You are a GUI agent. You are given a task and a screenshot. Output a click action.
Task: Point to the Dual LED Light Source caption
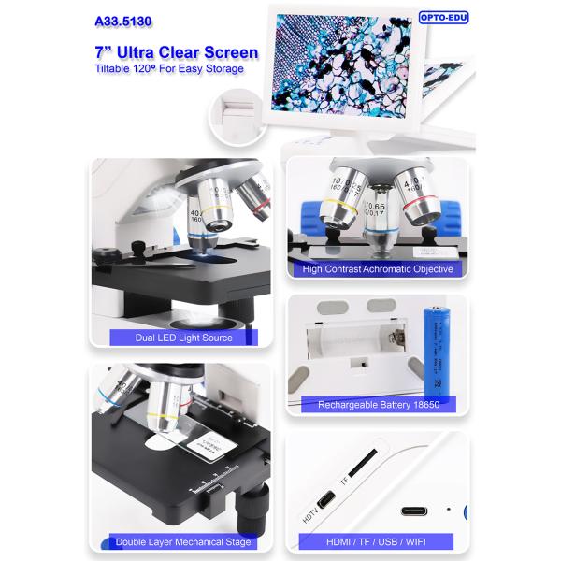[171, 338]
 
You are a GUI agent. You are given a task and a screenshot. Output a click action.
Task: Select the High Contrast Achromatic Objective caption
[377, 269]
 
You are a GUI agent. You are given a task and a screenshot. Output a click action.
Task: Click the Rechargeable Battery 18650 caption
[377, 405]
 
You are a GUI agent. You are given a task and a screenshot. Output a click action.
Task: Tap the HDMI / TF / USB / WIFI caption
[377, 542]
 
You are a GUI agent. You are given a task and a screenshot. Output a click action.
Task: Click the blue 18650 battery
[434, 346]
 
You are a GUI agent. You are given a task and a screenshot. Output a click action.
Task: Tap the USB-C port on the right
[415, 511]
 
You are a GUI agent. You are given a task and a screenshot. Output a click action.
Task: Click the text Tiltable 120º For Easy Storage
[168, 69]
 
